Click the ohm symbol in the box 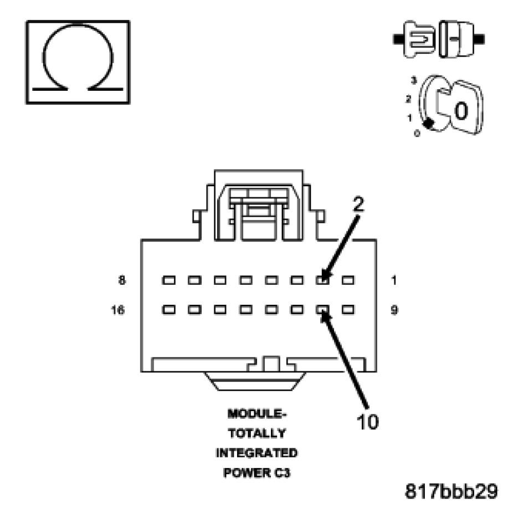point(78,61)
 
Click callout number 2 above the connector point(358,204)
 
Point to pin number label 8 point(122,280)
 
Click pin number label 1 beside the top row point(394,280)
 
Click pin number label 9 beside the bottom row point(394,310)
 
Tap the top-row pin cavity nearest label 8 point(168,280)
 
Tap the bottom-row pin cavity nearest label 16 point(168,310)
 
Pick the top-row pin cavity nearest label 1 point(348,280)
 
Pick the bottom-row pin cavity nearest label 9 point(348,310)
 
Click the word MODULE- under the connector point(256,414)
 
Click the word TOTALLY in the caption point(256,433)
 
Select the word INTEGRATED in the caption point(256,453)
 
